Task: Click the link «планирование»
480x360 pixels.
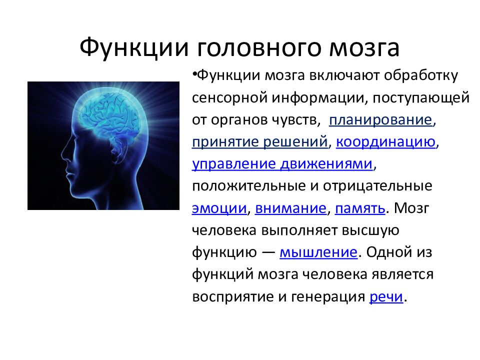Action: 380,120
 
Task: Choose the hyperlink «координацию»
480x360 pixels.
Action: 385,142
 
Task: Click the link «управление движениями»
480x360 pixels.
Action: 282,164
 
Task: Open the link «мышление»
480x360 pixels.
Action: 318,252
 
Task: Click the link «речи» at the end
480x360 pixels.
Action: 386,296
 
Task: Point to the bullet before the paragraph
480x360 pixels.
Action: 194,74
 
